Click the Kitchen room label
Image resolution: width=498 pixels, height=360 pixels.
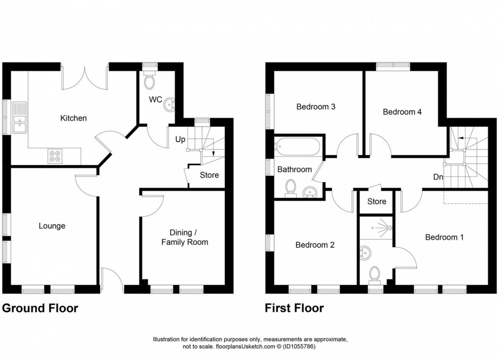74,118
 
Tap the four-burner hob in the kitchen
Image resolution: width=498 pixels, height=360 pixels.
55,156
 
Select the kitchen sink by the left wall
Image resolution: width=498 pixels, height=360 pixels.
20,118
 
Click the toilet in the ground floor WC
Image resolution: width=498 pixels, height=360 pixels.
149,81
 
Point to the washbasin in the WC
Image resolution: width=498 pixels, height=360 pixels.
169,105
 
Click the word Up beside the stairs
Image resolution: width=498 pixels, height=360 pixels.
180,138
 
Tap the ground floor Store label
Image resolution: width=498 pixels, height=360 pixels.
209,175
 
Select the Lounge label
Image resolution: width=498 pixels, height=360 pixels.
52,226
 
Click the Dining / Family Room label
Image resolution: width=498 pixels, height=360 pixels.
184,237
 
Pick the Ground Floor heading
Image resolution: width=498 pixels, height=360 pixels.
41,308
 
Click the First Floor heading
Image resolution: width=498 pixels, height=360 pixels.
294,308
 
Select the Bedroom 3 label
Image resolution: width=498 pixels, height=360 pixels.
316,107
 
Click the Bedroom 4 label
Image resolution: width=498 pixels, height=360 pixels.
402,112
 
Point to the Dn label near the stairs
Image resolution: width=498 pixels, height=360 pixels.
438,177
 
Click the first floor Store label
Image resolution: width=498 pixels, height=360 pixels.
377,201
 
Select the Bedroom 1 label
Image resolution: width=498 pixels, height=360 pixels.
444,237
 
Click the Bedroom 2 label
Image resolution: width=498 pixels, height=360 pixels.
315,245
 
